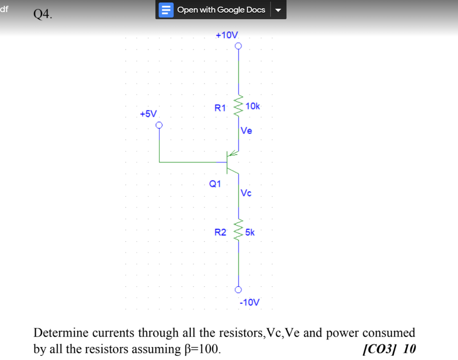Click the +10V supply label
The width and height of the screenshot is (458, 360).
coord(227,35)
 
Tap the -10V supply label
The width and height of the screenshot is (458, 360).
coord(250,302)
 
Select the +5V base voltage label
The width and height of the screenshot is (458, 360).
coord(148,114)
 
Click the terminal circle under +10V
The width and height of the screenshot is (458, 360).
coord(238,46)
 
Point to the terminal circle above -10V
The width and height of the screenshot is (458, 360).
coord(238,290)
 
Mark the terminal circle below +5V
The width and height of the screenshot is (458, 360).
coord(159,125)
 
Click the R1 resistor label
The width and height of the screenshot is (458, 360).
coord(220,108)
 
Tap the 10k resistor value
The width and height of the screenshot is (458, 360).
coord(253,106)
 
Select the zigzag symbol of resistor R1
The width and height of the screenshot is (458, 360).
coord(238,106)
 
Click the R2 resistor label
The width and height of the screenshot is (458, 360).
coord(220,232)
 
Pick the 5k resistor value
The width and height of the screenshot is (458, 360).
coord(250,232)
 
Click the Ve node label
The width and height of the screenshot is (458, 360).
coord(246,131)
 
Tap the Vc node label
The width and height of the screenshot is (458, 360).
coord(246,193)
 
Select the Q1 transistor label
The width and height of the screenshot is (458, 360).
coord(215,184)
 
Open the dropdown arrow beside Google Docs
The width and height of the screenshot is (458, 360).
coord(278,10)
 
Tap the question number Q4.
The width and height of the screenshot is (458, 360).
coord(43,14)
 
